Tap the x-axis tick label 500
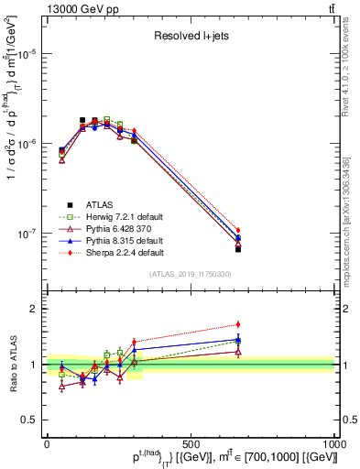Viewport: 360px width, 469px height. [x=191, y=442]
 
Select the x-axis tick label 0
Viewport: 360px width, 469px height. [x=47, y=442]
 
